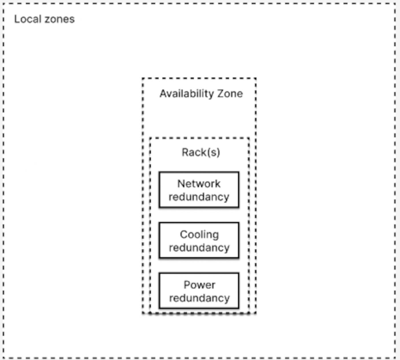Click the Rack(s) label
[201, 152]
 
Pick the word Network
[199, 184]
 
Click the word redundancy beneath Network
[199, 197]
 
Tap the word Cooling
[199, 234]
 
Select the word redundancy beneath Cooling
[199, 248]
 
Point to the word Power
[199, 285]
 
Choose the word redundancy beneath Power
[199, 298]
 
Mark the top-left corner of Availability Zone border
[143, 78]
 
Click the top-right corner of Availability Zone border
[255, 78]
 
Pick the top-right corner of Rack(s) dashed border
[249, 138]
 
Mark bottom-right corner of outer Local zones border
[395, 358]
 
